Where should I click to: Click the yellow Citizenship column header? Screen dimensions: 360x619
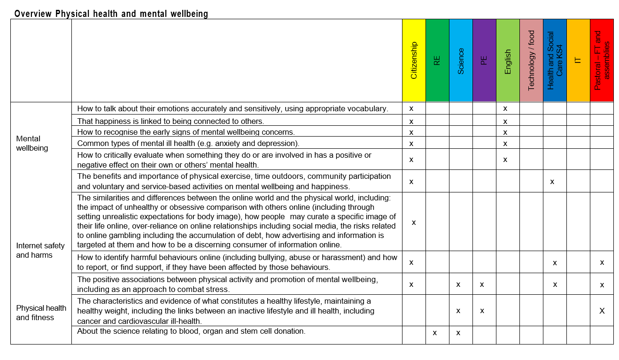coord(414,60)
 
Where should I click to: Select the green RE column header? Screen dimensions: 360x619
coord(437,60)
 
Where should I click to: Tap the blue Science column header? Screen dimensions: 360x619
coord(461,60)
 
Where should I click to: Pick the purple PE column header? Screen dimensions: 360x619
coord(484,60)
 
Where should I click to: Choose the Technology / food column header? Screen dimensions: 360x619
coord(531,60)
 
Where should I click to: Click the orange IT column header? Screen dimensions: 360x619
coord(578,60)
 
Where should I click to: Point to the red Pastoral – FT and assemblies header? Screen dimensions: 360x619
coord(602,60)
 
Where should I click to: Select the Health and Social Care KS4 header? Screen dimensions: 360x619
coord(555,60)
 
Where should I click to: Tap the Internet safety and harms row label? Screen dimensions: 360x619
coord(40,250)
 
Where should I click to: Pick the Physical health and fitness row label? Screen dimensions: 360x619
coord(41,313)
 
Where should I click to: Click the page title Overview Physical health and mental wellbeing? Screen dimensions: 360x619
coord(111,14)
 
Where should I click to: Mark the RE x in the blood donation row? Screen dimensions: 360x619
coord(434,333)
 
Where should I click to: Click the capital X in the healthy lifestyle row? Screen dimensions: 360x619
coord(602,310)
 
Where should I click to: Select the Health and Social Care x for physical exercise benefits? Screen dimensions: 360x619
coord(552,181)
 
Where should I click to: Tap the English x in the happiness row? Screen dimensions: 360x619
coord(505,121)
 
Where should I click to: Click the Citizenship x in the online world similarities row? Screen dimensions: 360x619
coord(414,222)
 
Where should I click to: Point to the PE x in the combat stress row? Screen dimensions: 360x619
coord(482,284)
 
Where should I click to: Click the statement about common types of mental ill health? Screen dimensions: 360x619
coord(188,143)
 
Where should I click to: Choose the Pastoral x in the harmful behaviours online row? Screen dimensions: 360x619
coord(602,262)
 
